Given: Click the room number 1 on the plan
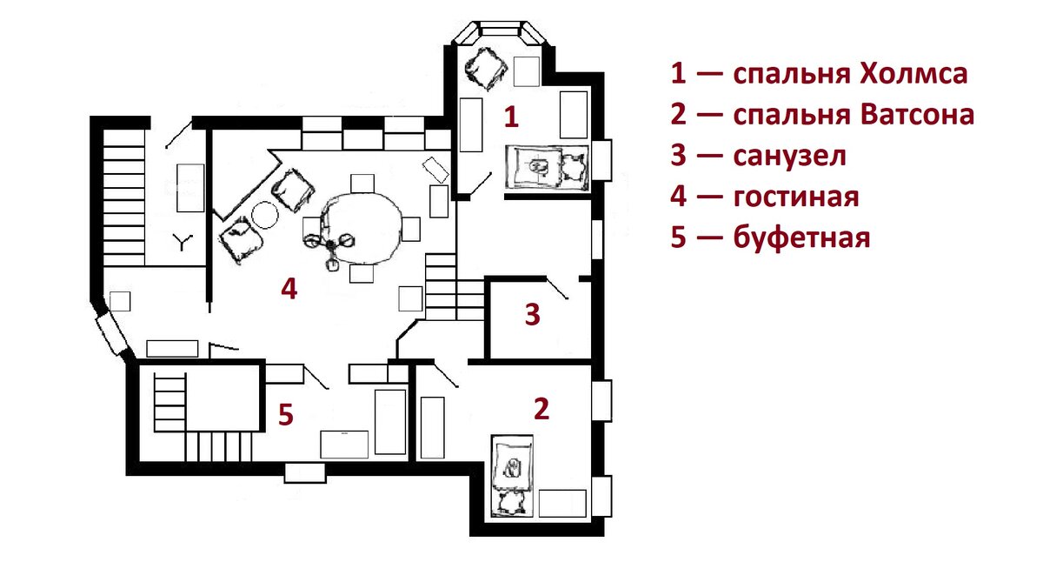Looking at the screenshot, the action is [512, 117].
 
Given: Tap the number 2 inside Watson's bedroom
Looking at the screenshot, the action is [541, 409].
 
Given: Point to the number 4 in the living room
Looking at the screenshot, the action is [289, 289].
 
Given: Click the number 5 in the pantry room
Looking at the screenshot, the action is [286, 414].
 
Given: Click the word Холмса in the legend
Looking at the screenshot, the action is [913, 73].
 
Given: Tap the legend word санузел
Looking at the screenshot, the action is [790, 156].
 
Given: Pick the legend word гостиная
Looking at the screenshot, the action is [796, 197].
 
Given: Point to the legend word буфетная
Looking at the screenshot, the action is [801, 238].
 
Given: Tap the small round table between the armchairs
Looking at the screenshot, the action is [265, 215].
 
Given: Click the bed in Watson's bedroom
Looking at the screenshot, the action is [513, 475].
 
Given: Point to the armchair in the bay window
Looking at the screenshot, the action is [485, 69].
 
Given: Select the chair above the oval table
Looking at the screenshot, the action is [362, 184].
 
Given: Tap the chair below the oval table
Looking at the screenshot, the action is [362, 273].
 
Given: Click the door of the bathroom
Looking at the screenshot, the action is [557, 288].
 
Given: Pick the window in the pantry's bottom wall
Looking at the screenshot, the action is [305, 473].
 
